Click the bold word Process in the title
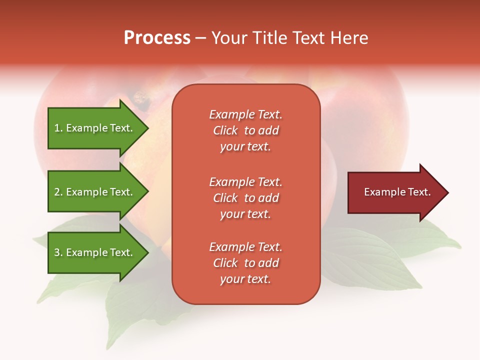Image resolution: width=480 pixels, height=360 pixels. click(x=157, y=38)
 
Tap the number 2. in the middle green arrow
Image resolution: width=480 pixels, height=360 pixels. click(x=58, y=192)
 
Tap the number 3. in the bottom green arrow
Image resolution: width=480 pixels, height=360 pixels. click(x=58, y=252)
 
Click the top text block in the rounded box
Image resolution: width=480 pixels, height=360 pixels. click(x=245, y=130)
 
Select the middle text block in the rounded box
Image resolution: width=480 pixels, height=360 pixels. click(x=245, y=198)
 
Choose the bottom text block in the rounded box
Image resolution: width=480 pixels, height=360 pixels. click(x=245, y=263)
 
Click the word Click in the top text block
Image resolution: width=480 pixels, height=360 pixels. click(x=225, y=130)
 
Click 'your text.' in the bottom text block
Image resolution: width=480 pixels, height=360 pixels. click(x=245, y=279)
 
